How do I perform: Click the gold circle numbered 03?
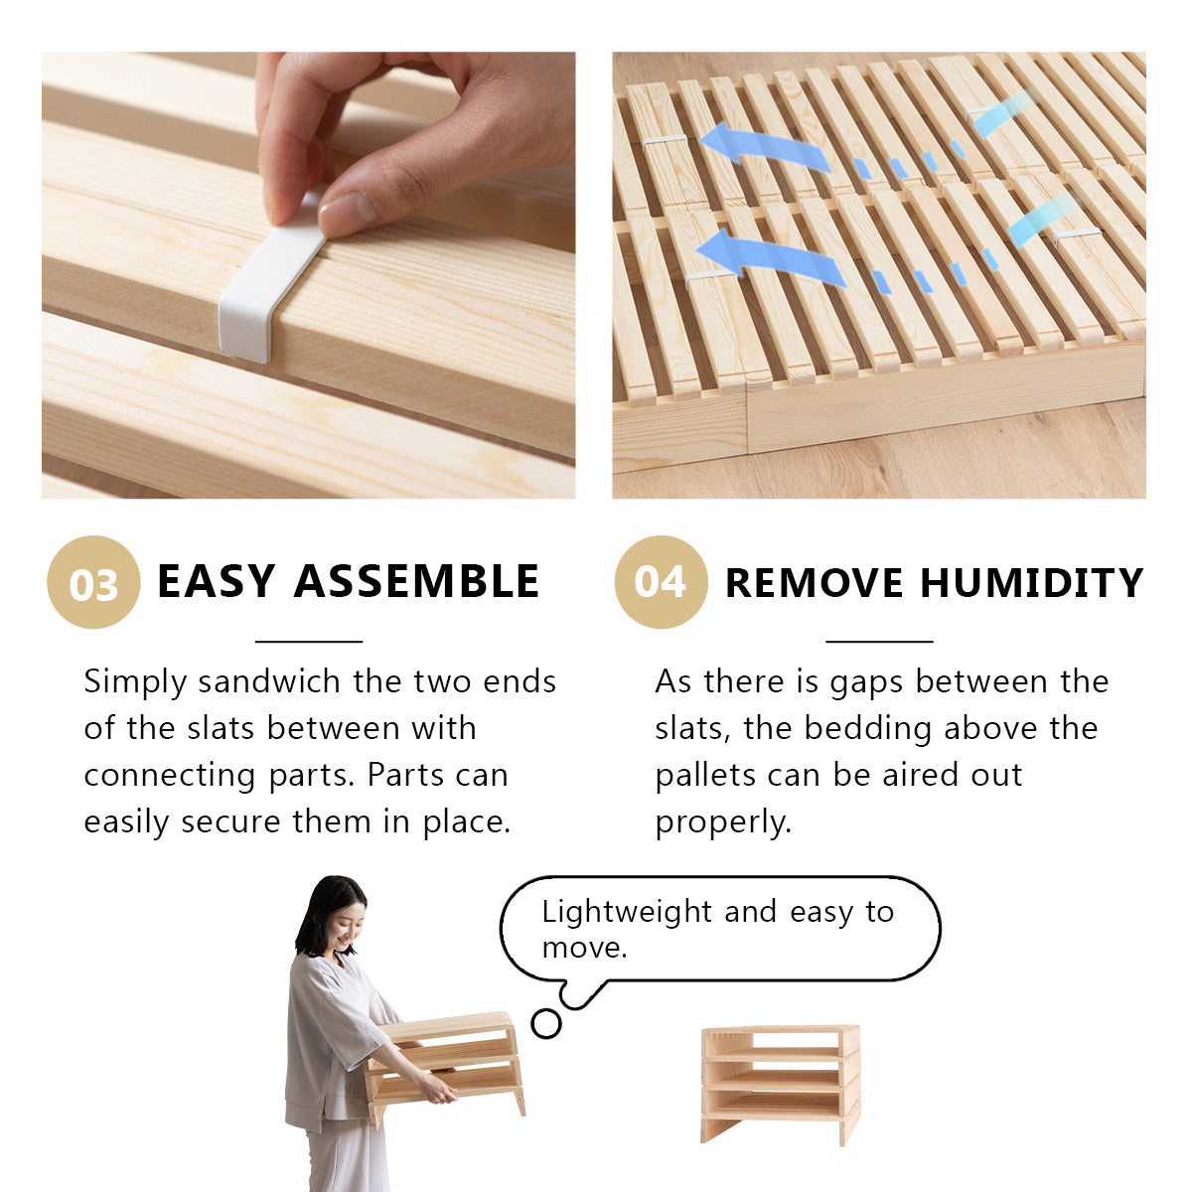pos(93,582)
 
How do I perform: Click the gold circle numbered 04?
pos(661,582)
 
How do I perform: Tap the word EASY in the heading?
pos(216,582)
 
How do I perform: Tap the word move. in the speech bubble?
pos(584,947)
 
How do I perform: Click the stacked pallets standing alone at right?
pos(780,1083)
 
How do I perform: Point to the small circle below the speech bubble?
pos(545,1023)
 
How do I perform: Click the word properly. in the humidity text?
pos(723,821)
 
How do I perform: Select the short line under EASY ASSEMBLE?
pos(308,642)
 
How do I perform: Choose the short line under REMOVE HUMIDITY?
pos(879,642)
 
